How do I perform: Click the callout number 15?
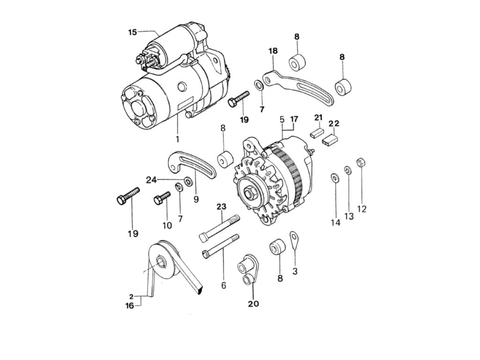point(133,32)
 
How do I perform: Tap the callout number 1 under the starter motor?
point(178,139)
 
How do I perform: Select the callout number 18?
point(273,51)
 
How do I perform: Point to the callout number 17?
point(294,120)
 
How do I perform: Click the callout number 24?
point(150,180)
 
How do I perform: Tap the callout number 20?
point(253,303)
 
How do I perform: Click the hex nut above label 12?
point(361,163)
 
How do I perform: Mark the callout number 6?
point(223,285)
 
